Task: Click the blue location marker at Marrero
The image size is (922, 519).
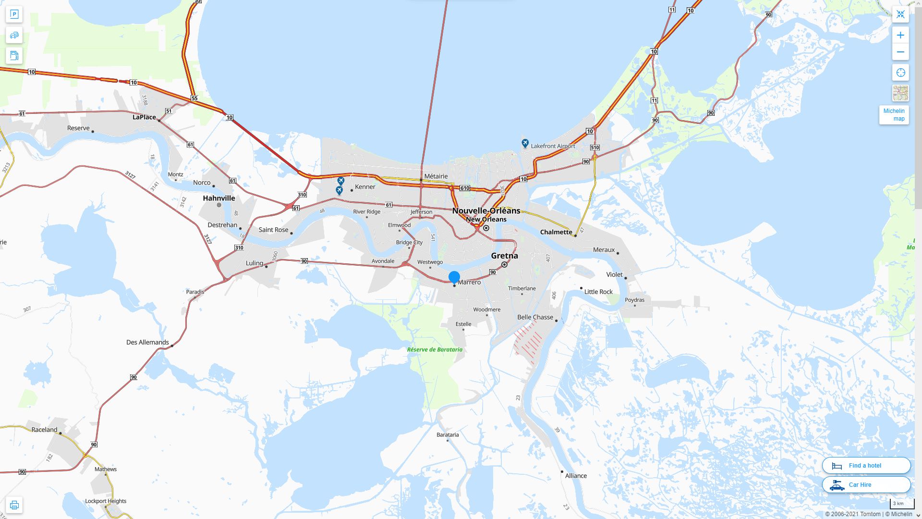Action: (x=454, y=277)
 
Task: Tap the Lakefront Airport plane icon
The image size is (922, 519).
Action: (x=525, y=143)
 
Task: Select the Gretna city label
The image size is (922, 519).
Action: (x=504, y=256)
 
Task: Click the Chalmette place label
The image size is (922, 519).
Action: (x=556, y=232)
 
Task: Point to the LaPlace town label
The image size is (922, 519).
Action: (x=144, y=117)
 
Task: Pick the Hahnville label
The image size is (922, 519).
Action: (x=219, y=198)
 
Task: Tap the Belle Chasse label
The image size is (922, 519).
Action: (x=535, y=317)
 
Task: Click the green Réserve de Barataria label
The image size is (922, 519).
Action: (x=435, y=349)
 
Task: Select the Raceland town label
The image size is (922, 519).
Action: (x=44, y=430)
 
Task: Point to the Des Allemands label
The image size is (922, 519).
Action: (x=147, y=342)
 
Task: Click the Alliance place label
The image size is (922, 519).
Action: (x=576, y=476)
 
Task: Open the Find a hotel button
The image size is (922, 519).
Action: (x=866, y=465)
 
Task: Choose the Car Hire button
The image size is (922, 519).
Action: (x=866, y=484)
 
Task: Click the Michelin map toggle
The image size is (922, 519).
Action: (x=894, y=115)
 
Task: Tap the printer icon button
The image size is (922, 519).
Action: (x=14, y=505)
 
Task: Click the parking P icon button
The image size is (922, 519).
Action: (x=14, y=14)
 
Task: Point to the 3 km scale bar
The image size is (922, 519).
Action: (x=901, y=504)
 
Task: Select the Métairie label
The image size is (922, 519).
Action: (x=436, y=176)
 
